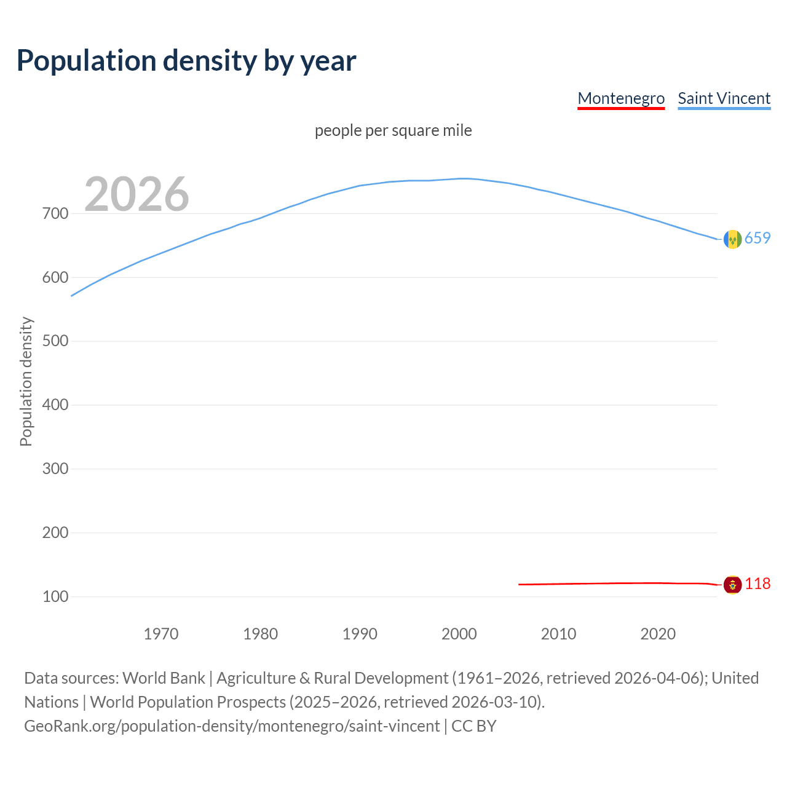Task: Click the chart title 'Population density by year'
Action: coord(186,61)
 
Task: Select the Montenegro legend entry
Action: coord(621,98)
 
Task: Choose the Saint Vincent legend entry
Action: coord(724,98)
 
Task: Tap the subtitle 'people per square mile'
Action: coord(393,131)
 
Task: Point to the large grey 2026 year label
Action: coord(136,194)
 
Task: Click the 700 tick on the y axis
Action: coord(55,214)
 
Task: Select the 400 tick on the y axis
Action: coord(55,405)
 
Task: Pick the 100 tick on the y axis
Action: coord(55,597)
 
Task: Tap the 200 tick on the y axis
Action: coord(55,533)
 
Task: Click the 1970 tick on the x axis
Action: coord(161,634)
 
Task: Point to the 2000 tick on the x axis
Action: coord(459,634)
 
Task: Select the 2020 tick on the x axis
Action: coord(658,634)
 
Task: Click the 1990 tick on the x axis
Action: coord(360,634)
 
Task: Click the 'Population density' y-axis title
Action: coord(26,381)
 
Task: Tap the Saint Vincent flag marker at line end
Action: coord(732,239)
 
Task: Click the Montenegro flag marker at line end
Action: coord(732,585)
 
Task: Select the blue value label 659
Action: coord(757,239)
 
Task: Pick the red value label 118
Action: coord(757,584)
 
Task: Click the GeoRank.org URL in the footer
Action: coord(232,726)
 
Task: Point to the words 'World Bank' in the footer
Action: coord(164,678)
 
